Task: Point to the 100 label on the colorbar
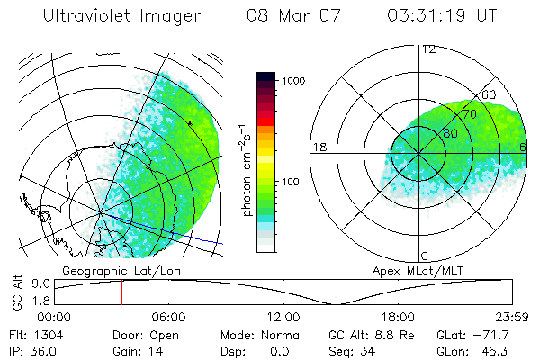(x=292, y=182)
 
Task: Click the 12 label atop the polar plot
(x=428, y=49)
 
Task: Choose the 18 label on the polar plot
(x=319, y=147)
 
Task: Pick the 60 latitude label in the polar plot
(x=490, y=94)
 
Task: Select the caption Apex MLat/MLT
(x=410, y=270)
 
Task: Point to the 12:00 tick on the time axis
(x=284, y=317)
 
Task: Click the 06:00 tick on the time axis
(x=169, y=317)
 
